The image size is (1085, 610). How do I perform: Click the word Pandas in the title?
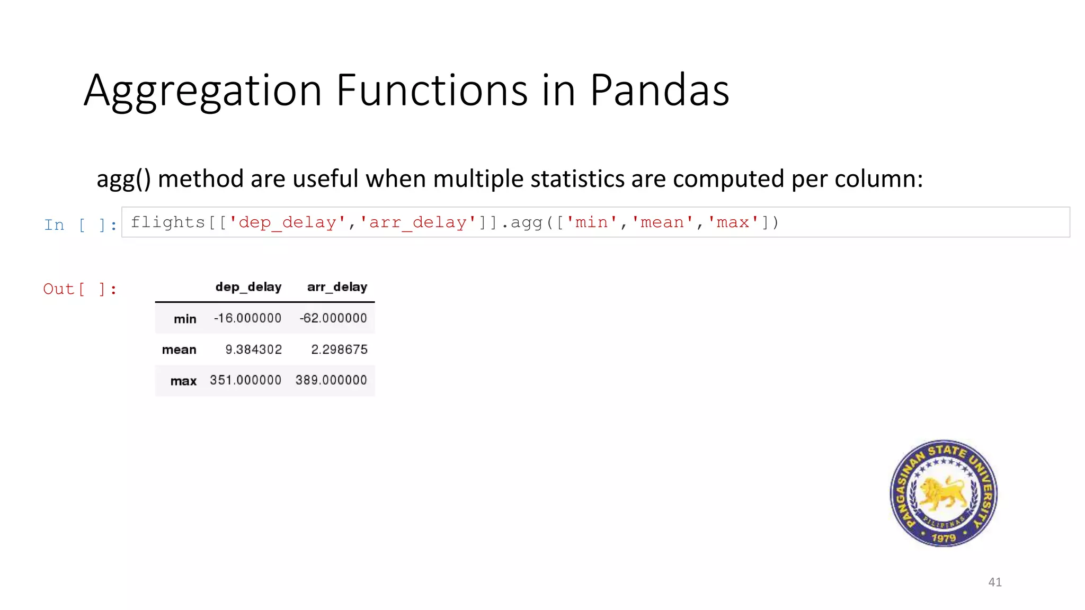tap(659, 90)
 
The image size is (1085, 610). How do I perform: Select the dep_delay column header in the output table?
tap(248, 287)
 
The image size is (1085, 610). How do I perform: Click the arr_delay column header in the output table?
tap(337, 287)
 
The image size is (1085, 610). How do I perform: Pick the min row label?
tap(185, 319)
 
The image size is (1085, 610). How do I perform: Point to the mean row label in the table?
tap(179, 349)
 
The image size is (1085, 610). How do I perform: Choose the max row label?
tap(183, 381)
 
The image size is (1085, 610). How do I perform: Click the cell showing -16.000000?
tap(247, 318)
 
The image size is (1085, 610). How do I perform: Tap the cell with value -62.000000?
tap(333, 318)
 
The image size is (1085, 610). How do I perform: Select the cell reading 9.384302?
tap(253, 349)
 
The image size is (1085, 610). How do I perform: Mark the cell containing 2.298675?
tap(339, 349)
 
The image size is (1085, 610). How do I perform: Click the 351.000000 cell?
tap(245, 380)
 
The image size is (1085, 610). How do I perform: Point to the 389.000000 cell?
tap(331, 380)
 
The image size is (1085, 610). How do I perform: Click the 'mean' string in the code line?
tap(662, 222)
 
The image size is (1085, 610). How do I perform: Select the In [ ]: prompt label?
tap(80, 225)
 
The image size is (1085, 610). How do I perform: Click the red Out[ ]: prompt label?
tap(79, 289)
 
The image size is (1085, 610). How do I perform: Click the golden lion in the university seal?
tap(943, 492)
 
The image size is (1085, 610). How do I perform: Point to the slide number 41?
tap(994, 582)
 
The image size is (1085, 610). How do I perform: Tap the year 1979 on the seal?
tap(944, 538)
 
